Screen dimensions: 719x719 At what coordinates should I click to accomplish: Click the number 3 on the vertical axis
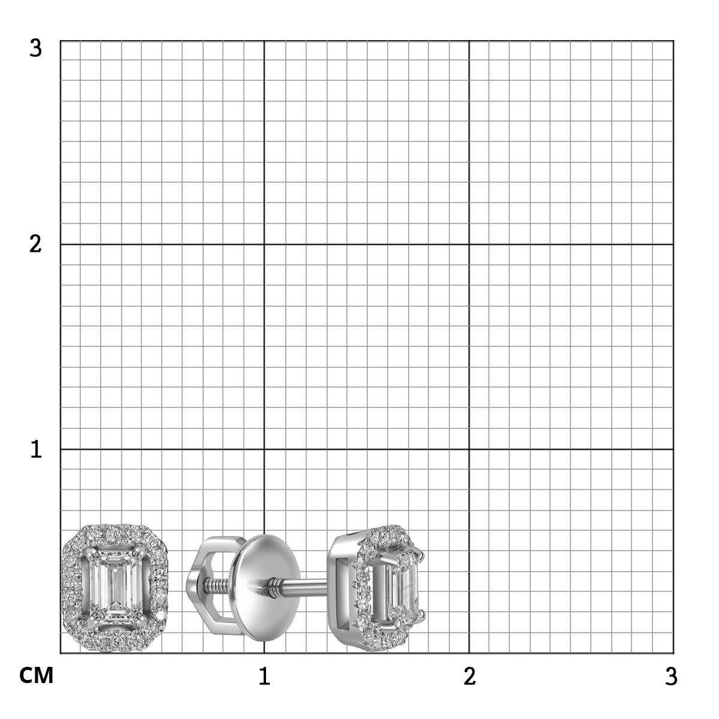click(35, 49)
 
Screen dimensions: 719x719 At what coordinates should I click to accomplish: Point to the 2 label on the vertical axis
click(35, 245)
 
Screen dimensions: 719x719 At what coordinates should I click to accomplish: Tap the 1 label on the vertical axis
click(36, 449)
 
